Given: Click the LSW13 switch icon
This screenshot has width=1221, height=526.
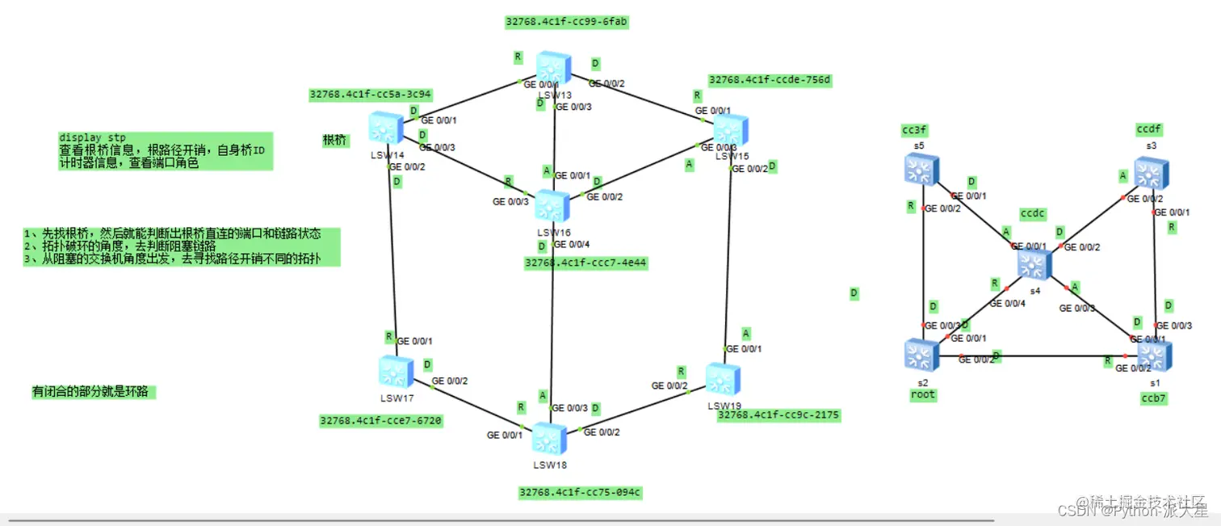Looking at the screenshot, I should tap(553, 69).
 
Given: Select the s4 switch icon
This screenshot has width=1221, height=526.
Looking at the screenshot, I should tap(1034, 265).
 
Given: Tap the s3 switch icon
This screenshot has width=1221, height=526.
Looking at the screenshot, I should tap(1152, 174).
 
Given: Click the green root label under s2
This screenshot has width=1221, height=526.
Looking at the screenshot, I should tap(922, 395).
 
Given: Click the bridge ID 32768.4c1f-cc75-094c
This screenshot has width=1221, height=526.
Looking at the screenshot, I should tap(580, 492).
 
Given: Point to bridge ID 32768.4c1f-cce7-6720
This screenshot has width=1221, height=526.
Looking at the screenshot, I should tap(381, 421).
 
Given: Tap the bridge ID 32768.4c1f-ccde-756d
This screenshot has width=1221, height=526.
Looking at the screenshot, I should tap(770, 80).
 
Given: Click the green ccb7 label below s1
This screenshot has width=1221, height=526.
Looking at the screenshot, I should tap(1154, 398).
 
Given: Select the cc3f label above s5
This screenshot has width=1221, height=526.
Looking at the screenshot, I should tap(914, 131).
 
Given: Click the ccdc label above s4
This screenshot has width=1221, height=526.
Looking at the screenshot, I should tap(1033, 214).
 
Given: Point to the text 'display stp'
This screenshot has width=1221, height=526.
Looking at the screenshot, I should tap(92, 137).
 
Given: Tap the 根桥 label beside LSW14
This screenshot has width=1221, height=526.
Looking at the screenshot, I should tap(334, 141).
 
